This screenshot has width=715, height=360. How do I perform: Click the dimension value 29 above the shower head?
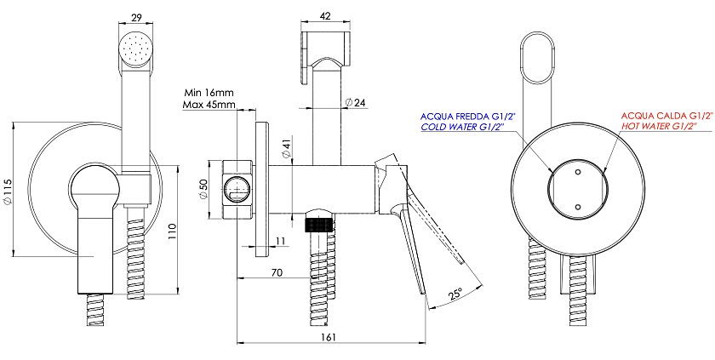click(x=136, y=17)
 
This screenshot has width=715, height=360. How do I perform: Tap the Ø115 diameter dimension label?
click(x=7, y=190)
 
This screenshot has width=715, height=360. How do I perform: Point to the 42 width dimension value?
click(x=325, y=16)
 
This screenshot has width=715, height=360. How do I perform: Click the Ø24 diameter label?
click(x=356, y=102)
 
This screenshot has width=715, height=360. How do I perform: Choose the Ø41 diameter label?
click(x=286, y=149)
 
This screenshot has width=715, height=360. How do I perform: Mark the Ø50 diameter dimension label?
click(x=203, y=188)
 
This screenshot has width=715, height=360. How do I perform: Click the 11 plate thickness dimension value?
click(x=282, y=241)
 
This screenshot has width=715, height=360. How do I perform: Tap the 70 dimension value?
click(x=277, y=272)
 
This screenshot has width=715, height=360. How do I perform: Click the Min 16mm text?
click(x=208, y=93)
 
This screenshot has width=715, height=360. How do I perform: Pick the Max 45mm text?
click(x=209, y=105)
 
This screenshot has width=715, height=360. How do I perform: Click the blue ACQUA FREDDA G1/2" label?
click(x=467, y=117)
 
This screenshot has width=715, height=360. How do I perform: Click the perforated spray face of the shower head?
click(x=136, y=49)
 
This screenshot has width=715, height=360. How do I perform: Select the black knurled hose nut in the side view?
click(x=318, y=226)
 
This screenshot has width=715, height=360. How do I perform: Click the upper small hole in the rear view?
click(x=578, y=172)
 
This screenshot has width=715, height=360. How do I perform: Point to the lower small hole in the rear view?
click(x=578, y=207)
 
